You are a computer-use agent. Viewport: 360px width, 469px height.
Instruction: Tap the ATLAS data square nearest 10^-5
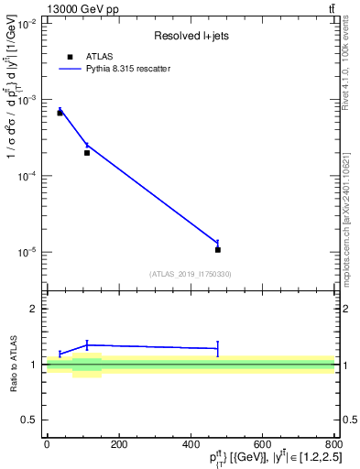[x=217, y=249]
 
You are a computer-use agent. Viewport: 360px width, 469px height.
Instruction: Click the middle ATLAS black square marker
[x=87, y=153]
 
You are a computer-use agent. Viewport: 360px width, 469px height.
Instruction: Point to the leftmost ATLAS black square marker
[x=60, y=113]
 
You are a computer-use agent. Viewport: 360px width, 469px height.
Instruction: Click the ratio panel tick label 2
[x=34, y=309]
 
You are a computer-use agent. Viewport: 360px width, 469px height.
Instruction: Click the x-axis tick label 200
[x=118, y=444]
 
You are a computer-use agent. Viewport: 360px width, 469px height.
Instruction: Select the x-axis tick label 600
[x=262, y=444]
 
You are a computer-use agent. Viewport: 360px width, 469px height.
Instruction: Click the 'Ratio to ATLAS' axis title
[x=12, y=364]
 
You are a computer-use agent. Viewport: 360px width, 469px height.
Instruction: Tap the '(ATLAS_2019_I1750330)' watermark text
[x=191, y=274]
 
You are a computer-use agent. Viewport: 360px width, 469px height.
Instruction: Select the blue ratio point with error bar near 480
[x=217, y=348]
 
